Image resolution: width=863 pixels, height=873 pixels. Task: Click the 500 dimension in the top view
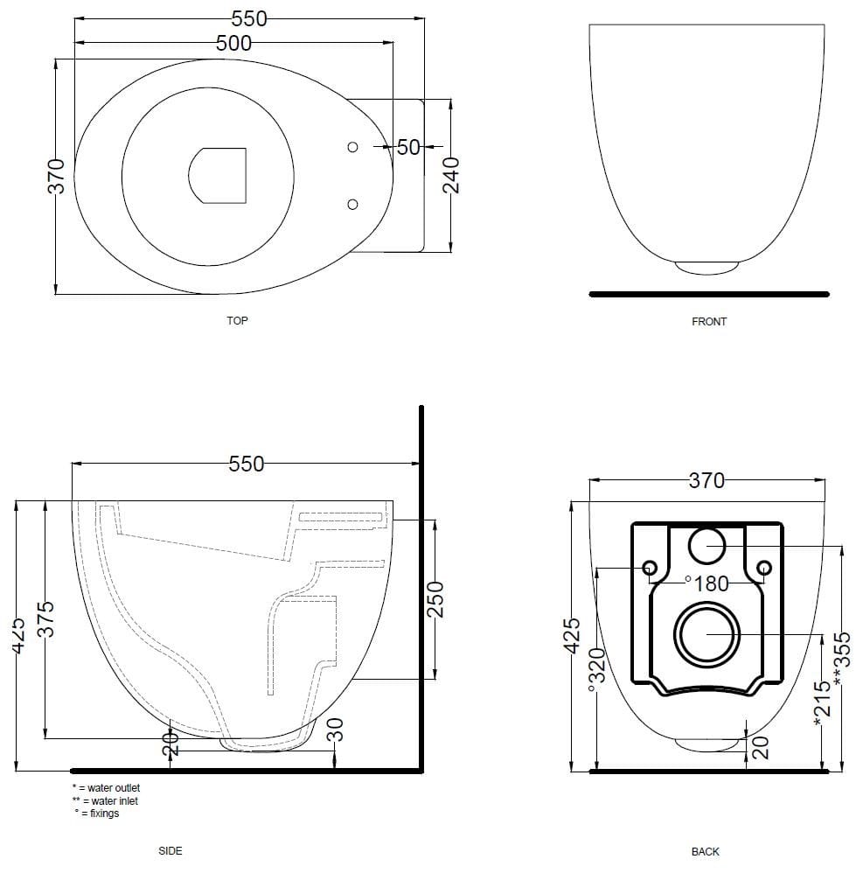pos(233,43)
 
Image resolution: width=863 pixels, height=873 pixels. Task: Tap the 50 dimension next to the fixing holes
pos(408,147)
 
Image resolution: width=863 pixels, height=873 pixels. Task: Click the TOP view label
pos(237,321)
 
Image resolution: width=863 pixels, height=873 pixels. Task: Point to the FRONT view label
pos(708,322)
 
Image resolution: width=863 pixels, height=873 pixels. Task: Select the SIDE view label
pos(171,850)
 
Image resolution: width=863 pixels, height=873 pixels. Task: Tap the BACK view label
pos(705,851)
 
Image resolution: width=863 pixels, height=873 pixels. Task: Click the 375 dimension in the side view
pos(48,618)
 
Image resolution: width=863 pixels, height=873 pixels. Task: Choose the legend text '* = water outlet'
pos(106,788)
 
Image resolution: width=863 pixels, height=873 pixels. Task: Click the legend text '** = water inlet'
pos(105,800)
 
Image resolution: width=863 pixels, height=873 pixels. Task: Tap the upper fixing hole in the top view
pos(352,147)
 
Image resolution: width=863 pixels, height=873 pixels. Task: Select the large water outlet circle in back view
pos(706,635)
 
